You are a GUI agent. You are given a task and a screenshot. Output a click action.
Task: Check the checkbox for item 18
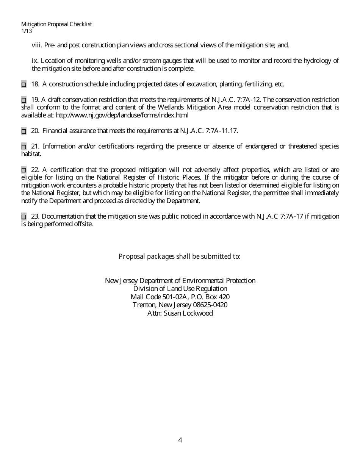click(24, 84)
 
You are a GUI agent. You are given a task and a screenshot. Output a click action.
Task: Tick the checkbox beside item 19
click(24, 100)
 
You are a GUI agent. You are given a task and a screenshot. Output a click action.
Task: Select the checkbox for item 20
click(24, 131)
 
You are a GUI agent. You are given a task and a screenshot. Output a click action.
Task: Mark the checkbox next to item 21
click(24, 147)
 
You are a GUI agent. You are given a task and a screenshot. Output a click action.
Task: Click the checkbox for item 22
click(24, 170)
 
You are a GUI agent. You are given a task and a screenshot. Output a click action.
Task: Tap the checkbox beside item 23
click(24, 217)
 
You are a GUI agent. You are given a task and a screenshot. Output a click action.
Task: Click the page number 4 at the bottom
click(180, 440)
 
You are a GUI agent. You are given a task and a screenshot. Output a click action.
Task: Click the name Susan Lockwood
click(188, 313)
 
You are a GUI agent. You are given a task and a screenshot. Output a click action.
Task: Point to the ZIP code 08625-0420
click(210, 305)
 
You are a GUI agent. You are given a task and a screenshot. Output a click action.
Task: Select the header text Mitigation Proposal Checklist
click(56, 24)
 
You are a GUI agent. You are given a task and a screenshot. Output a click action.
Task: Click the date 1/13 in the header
click(27, 31)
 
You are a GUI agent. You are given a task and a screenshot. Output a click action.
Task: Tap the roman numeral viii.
click(37, 45)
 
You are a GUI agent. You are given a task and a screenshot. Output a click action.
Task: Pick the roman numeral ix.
click(35, 61)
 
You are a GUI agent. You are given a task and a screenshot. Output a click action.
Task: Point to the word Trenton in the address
click(143, 305)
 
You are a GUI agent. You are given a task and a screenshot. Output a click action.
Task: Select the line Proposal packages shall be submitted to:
click(180, 256)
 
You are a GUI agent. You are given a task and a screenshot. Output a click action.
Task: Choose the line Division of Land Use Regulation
click(180, 289)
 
